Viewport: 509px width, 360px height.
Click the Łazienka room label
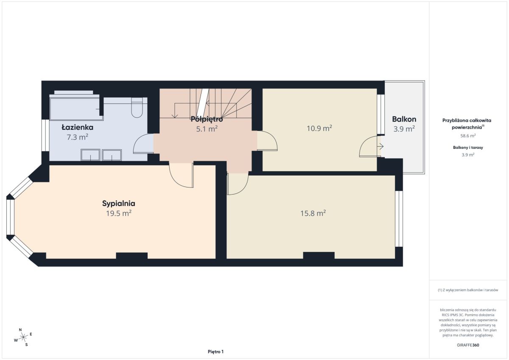78,127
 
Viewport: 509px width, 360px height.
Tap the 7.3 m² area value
78,137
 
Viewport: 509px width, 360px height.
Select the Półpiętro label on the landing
207,119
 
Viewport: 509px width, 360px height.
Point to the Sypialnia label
119,204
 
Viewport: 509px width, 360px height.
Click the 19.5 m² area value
119,213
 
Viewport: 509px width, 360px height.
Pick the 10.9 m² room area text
319,128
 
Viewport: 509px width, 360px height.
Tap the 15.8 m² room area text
313,213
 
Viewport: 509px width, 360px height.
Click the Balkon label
404,119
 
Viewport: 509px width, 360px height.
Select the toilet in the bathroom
137,108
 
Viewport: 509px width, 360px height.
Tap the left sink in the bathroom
90,155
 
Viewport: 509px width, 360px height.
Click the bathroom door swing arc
139,140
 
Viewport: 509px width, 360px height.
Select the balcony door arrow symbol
380,146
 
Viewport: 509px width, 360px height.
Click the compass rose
23,337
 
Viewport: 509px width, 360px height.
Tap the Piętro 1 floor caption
215,352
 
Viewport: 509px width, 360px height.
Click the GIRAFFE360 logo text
468,345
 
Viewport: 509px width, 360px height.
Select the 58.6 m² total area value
468,136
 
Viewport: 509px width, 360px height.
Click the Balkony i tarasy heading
468,148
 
